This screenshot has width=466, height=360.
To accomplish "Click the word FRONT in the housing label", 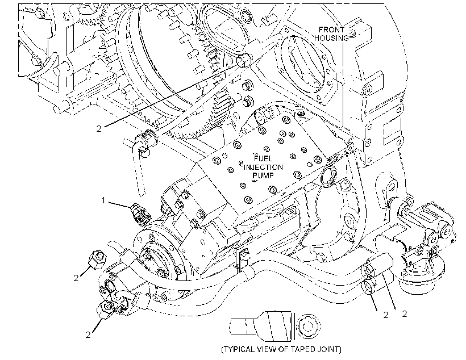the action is click(x=331, y=30).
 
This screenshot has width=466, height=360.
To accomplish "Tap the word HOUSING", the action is click(x=332, y=38).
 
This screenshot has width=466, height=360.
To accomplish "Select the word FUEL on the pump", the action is click(x=263, y=158).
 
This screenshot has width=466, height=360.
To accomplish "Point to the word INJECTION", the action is click(x=263, y=167).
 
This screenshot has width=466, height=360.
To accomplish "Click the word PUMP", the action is click(x=263, y=175).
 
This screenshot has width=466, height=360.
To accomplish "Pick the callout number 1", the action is click(x=103, y=200).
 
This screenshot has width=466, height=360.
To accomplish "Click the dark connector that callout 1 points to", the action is click(x=140, y=214).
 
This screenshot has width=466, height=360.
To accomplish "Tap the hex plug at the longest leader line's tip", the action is click(x=244, y=60).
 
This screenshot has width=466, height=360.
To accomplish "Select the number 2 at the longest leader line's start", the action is click(x=99, y=128).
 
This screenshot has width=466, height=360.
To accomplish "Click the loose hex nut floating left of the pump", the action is click(x=98, y=259).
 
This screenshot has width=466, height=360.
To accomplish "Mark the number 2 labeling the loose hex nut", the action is click(x=76, y=278).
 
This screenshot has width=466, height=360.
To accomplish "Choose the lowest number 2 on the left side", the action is click(x=88, y=335).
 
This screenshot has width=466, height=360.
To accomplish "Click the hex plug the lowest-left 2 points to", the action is click(x=106, y=309).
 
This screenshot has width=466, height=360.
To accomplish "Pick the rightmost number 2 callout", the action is click(x=404, y=313).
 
